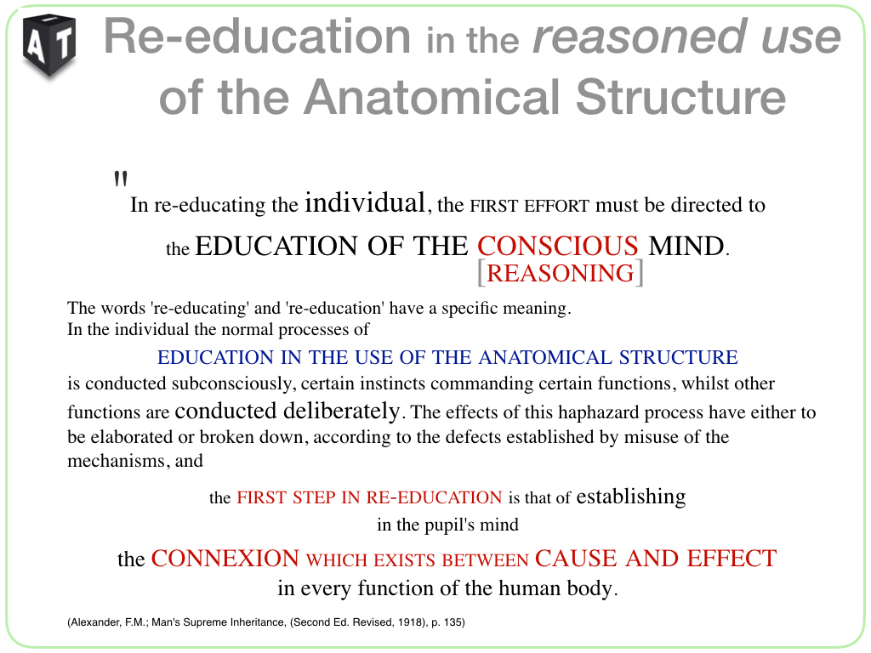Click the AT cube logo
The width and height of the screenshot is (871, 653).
(x=49, y=46)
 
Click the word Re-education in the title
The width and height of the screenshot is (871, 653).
(x=257, y=36)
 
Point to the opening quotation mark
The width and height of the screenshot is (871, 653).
(x=121, y=179)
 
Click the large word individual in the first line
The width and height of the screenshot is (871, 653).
(x=365, y=202)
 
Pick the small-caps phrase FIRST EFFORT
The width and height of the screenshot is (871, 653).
(x=529, y=206)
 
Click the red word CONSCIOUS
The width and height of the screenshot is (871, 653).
(x=558, y=246)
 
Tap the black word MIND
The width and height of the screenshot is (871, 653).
(x=686, y=246)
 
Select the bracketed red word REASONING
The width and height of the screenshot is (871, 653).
(x=561, y=273)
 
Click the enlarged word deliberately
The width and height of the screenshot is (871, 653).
(x=342, y=411)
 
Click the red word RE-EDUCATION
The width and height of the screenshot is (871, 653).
(x=434, y=497)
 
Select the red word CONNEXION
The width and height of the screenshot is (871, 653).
(x=225, y=559)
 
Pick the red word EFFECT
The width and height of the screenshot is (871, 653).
(x=732, y=559)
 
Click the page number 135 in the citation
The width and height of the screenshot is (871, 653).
(x=453, y=622)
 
